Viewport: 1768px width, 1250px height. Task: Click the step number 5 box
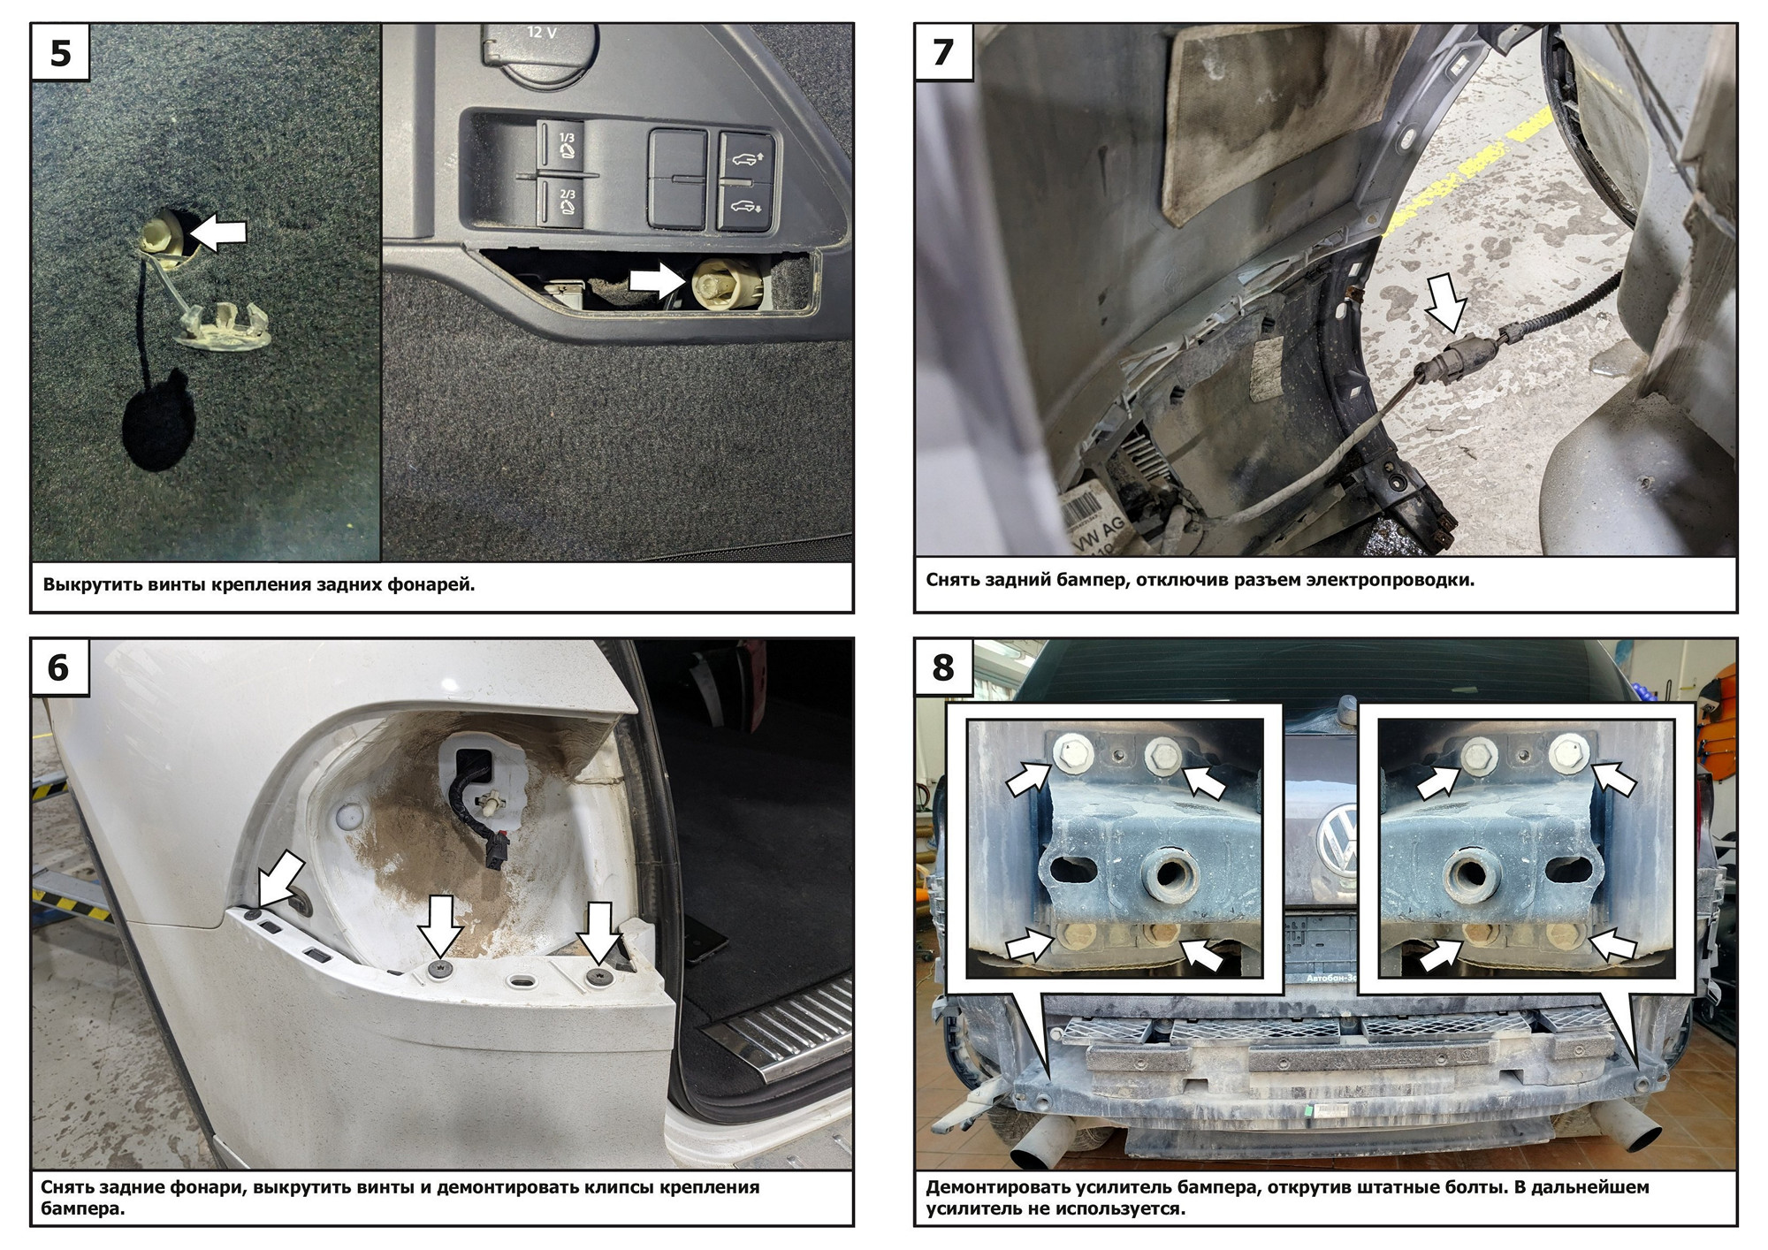(60, 53)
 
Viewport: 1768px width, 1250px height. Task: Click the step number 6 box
(60, 667)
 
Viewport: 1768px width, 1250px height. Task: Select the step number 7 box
(943, 53)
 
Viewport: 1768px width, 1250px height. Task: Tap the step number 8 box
(943, 667)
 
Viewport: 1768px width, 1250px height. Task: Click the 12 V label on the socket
(542, 33)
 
